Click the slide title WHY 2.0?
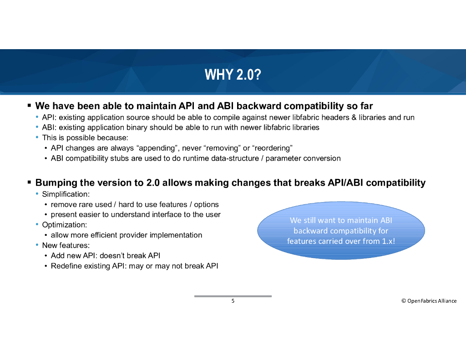click(x=233, y=74)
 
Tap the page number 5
click(x=233, y=301)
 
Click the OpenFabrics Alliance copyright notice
click(x=429, y=301)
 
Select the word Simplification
click(x=65, y=194)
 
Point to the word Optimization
click(x=64, y=225)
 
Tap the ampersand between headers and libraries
click(x=354, y=117)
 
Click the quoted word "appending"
click(x=158, y=148)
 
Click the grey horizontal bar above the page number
click(x=233, y=296)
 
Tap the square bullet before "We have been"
click(x=29, y=105)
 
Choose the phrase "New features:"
click(x=66, y=245)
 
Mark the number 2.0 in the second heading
click(x=153, y=183)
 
